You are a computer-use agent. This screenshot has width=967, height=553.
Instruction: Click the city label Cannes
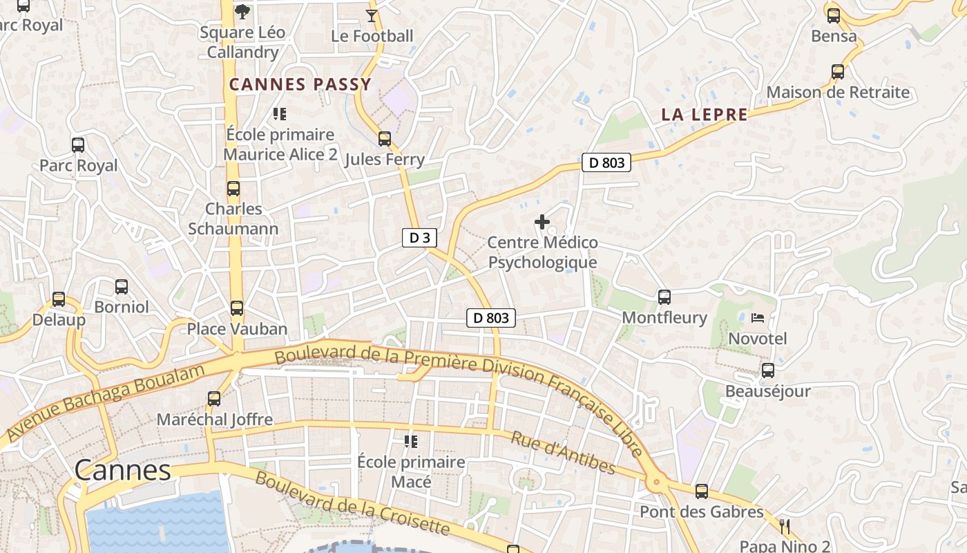pos(122,471)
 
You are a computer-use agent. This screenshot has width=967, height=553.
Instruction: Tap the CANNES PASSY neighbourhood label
pos(300,85)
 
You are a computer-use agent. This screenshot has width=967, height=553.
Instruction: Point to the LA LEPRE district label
pos(705,115)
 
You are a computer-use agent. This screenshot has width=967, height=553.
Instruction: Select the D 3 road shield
pos(419,238)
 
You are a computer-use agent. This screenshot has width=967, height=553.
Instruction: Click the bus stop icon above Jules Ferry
pos(385,139)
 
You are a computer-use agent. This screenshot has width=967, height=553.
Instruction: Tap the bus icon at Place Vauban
pos(237,308)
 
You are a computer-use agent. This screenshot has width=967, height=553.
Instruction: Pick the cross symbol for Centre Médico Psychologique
pos(542,222)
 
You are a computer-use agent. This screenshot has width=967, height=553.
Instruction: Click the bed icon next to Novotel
pos(758,318)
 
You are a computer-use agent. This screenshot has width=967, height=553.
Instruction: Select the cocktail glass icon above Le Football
pos(372,15)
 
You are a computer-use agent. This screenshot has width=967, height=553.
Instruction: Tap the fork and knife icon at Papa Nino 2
pos(784,527)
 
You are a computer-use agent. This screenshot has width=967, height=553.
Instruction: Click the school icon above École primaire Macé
pos(411,441)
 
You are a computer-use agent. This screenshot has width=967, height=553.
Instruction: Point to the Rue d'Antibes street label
pos(562,453)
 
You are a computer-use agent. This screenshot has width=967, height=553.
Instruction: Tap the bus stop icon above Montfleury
pos(664,297)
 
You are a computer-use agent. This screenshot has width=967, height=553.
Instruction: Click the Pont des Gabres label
pos(701,512)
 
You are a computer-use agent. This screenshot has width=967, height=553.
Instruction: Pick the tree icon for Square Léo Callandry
pos(242,11)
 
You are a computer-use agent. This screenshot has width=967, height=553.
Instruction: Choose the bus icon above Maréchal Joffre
pos(214,399)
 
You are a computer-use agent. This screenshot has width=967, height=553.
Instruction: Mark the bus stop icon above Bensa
pos(834,15)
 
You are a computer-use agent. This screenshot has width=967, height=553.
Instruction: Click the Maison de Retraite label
pos(838,93)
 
